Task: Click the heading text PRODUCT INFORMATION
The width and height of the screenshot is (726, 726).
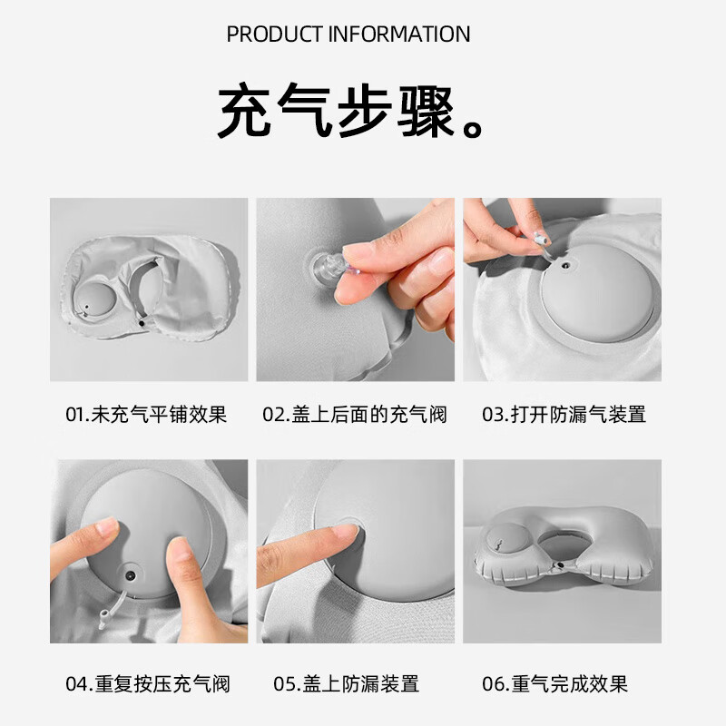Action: (348, 34)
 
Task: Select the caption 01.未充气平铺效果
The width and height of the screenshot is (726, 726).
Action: (146, 415)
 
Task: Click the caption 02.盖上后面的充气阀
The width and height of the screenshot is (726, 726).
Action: (355, 415)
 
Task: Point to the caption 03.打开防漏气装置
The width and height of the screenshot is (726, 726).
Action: (564, 415)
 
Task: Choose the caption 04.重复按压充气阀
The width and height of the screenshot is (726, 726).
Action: (147, 683)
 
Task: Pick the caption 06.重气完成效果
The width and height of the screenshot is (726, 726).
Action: (555, 683)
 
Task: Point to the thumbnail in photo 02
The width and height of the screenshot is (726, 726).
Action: (441, 264)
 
